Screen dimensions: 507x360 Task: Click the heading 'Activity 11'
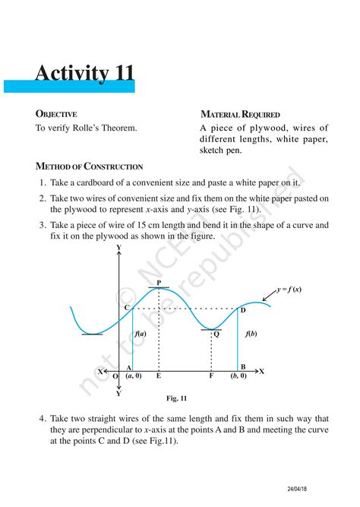pos(84,73)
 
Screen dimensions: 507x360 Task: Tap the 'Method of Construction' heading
pos(89,166)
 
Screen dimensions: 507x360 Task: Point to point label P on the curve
pos(159,283)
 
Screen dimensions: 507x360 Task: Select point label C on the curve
pos(127,307)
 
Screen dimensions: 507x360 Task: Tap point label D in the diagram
pos(243,310)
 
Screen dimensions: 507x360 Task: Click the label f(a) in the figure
pos(141,334)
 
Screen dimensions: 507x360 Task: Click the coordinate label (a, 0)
pos(134,375)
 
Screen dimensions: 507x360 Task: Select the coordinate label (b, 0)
pos(238,375)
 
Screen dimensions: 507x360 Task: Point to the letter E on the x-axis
pos(158,375)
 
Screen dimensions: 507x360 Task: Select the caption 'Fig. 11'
pos(176,398)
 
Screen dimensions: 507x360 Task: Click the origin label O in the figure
pos(115,375)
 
